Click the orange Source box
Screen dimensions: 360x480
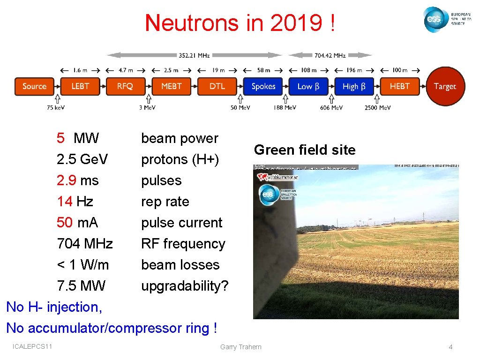click(x=34, y=86)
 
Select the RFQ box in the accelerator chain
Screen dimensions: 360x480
click(x=126, y=86)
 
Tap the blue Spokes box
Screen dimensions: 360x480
click(x=263, y=86)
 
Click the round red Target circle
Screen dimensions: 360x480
click(x=445, y=86)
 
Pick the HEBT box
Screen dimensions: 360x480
click(x=400, y=86)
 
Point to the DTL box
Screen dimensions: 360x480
click(x=217, y=86)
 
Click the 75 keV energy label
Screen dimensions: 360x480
click(x=56, y=108)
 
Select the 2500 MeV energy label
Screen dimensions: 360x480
click(x=378, y=108)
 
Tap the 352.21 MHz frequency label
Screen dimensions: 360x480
click(x=194, y=55)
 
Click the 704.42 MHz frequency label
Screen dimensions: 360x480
click(x=330, y=55)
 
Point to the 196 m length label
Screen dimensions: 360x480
click(x=354, y=70)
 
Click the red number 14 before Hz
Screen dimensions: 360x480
click(x=64, y=202)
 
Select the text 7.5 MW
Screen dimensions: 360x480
click(x=81, y=286)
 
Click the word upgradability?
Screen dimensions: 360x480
click(x=185, y=286)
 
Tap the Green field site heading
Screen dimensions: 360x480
click(x=305, y=150)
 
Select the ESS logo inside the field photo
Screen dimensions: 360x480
click(x=268, y=195)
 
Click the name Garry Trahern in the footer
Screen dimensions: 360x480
click(x=241, y=347)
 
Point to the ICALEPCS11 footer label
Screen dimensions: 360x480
click(x=32, y=346)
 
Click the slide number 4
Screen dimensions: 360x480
click(x=450, y=347)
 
